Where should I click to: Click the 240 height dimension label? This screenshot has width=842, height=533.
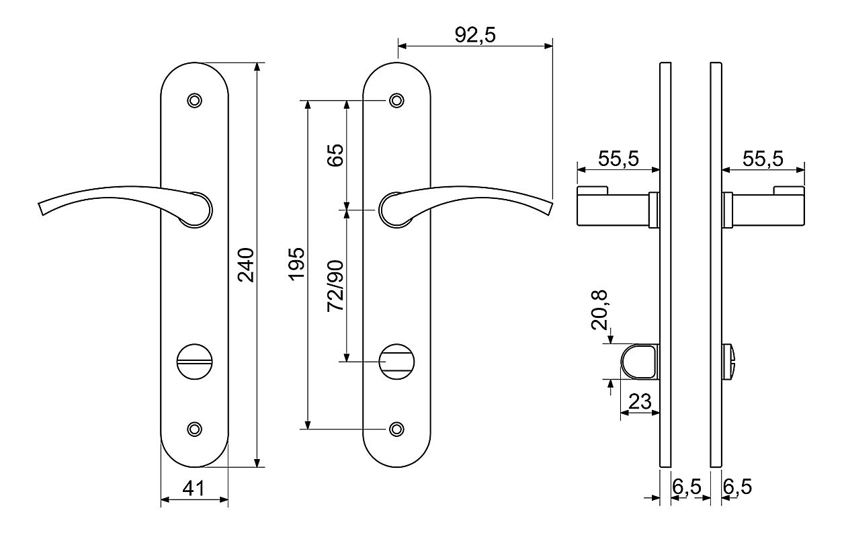[x=246, y=265]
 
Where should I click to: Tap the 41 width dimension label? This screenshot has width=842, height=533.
[x=194, y=489]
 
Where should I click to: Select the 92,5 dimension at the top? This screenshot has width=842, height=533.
[x=475, y=35]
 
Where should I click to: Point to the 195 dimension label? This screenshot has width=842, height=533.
[x=297, y=264]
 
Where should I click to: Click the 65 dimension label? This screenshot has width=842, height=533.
[x=335, y=155]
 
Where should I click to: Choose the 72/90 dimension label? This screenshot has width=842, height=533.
[x=335, y=286]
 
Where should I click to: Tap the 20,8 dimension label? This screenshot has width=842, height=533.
[x=599, y=311]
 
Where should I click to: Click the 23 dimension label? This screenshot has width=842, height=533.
[x=640, y=402]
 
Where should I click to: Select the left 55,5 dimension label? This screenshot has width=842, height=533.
[x=618, y=159]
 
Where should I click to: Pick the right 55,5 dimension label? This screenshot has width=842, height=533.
[x=763, y=159]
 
